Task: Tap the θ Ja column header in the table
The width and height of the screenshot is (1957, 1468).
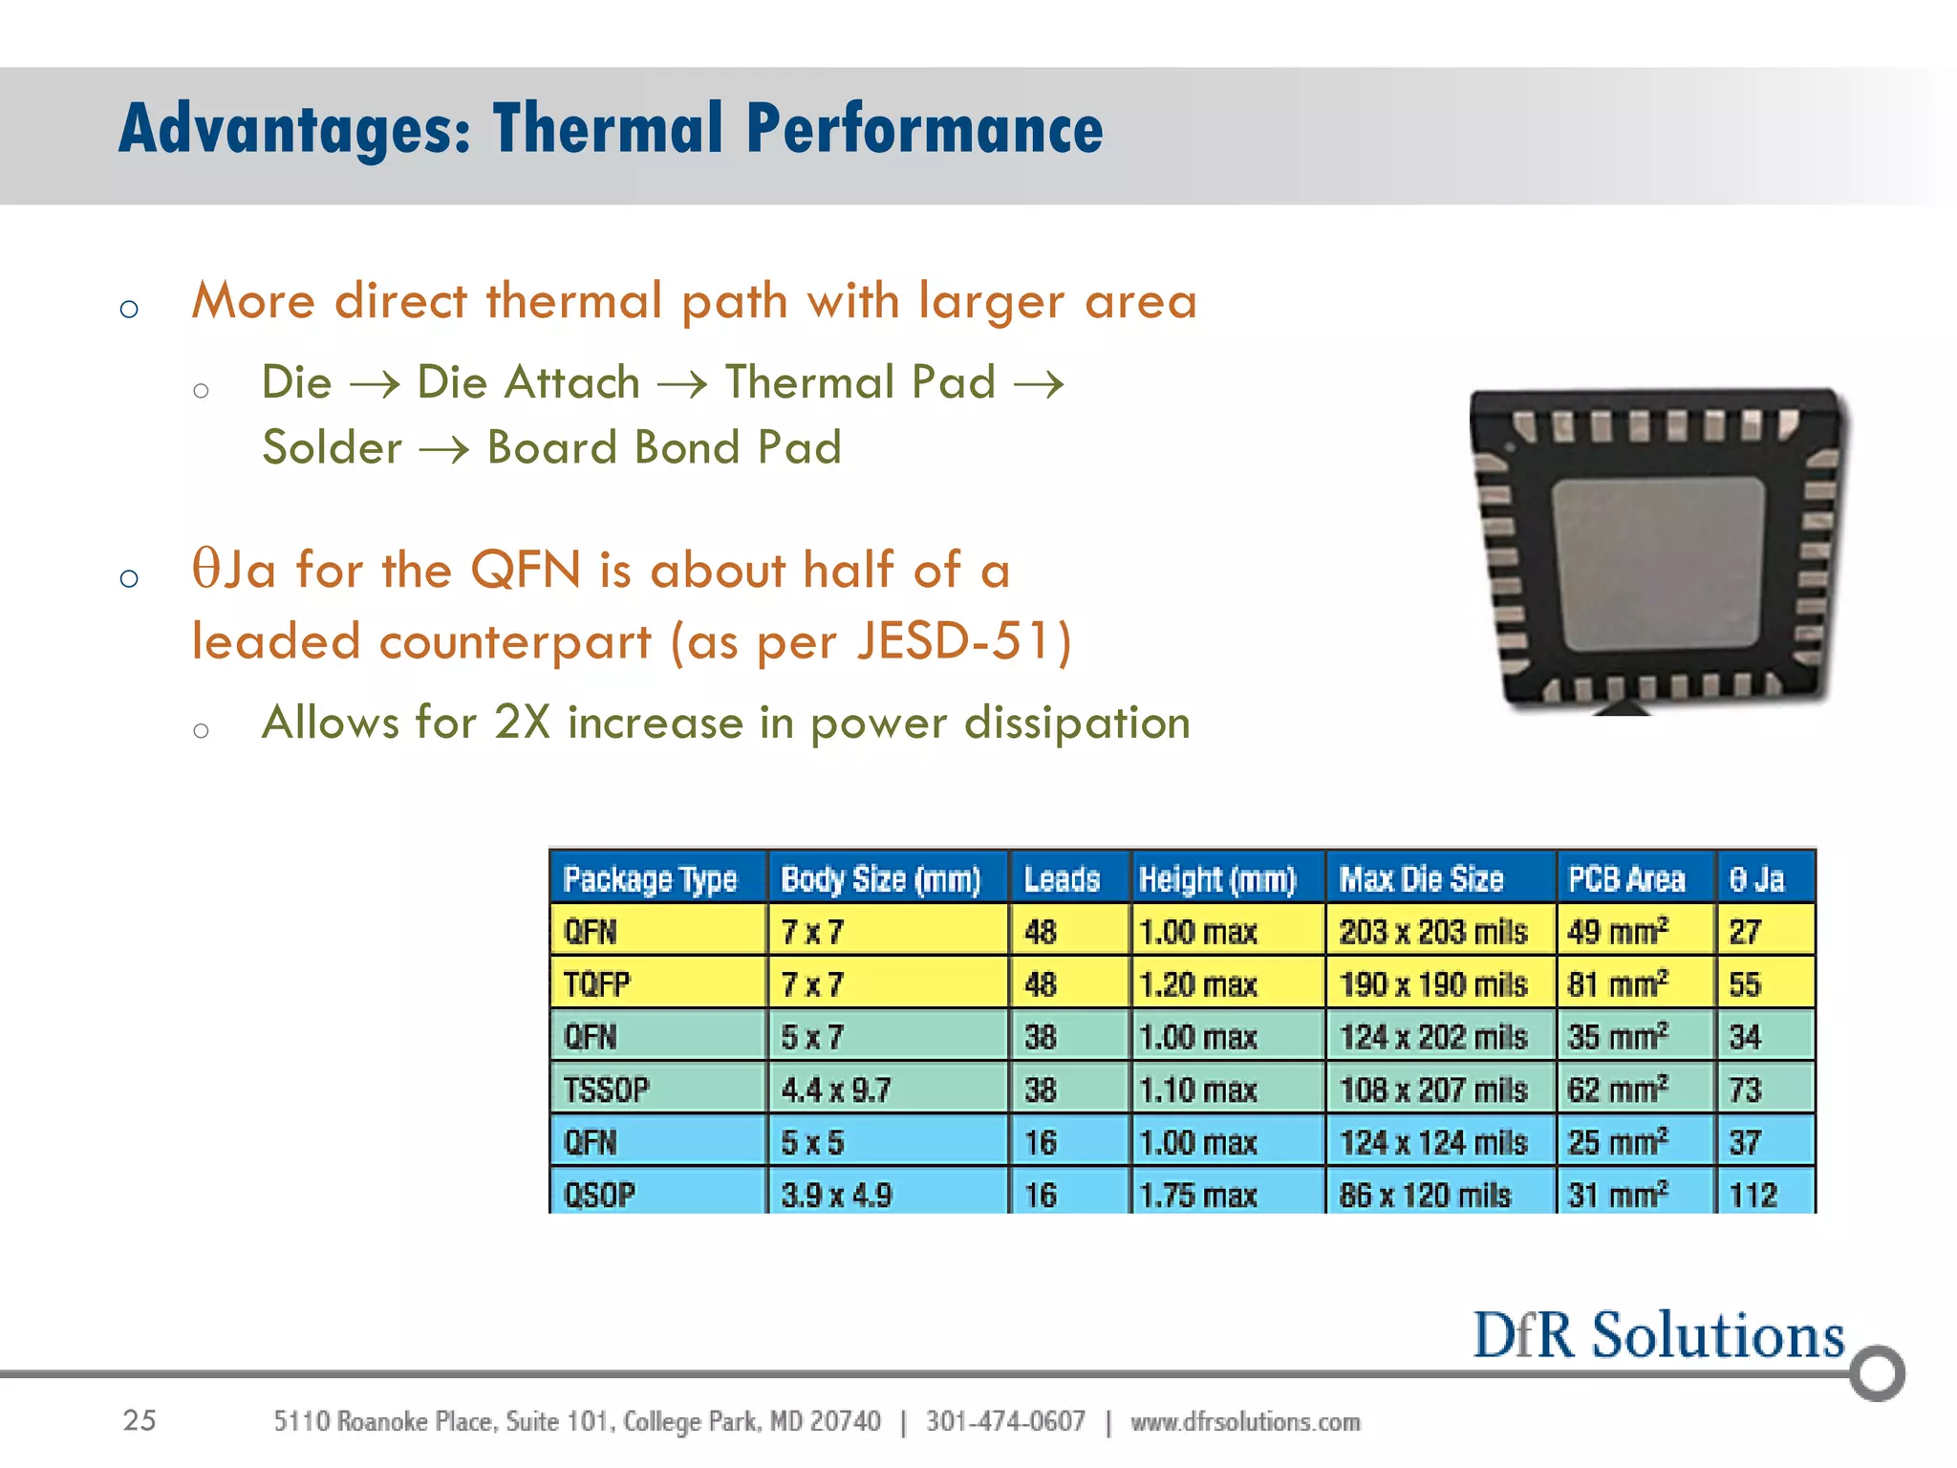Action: point(1756,879)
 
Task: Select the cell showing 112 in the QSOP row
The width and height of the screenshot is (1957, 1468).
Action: point(1753,1195)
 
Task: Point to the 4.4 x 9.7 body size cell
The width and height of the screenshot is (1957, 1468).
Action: point(836,1090)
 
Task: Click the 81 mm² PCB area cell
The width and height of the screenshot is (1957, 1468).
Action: point(1618,984)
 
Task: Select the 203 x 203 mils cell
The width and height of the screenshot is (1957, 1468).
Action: point(1432,932)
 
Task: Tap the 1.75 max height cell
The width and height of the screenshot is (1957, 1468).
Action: point(1198,1195)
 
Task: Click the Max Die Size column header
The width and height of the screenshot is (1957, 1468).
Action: point(1421,879)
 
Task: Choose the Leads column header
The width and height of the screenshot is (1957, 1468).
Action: point(1062,879)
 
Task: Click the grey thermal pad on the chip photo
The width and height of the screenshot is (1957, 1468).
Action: point(1658,564)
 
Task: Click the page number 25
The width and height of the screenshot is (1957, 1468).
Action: point(140,1420)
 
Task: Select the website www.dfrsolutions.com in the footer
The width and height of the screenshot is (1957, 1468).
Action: point(1245,1422)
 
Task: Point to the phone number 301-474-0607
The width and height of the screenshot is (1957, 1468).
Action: point(1005,1422)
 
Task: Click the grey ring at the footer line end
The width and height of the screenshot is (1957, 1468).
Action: point(1877,1373)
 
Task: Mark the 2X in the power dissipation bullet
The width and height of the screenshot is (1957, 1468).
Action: point(523,723)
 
